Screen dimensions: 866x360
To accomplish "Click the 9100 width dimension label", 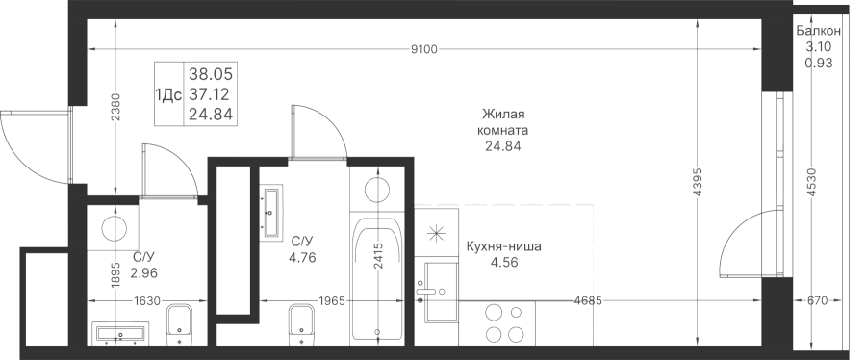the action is pos(424,50).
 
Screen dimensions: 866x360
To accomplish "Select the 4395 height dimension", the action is pos(697,182).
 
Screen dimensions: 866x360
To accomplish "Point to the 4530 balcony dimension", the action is pos(811,182).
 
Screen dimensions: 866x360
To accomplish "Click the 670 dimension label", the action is pos(817,301).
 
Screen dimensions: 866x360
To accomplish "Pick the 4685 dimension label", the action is pos(588,301).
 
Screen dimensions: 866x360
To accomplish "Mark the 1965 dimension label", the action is pos(331,301).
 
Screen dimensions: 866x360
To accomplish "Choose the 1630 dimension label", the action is pos(147,301).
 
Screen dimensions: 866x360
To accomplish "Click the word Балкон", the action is pos(819,32).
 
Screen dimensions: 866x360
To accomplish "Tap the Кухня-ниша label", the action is pos(503,246).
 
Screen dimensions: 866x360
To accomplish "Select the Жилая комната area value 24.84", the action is pos(501,146).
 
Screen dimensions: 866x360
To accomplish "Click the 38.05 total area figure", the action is pos(211,73).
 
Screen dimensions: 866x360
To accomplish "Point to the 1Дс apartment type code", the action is pos(169,95).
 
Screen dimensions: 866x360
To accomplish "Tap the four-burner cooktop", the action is pos(503,324).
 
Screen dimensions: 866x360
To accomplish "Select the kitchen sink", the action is pos(441,292).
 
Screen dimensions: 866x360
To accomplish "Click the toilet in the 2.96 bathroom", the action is pos(179,324).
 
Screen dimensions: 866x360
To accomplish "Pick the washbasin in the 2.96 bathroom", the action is pos(120,333).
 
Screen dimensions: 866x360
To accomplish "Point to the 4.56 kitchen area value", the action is pos(503,262).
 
